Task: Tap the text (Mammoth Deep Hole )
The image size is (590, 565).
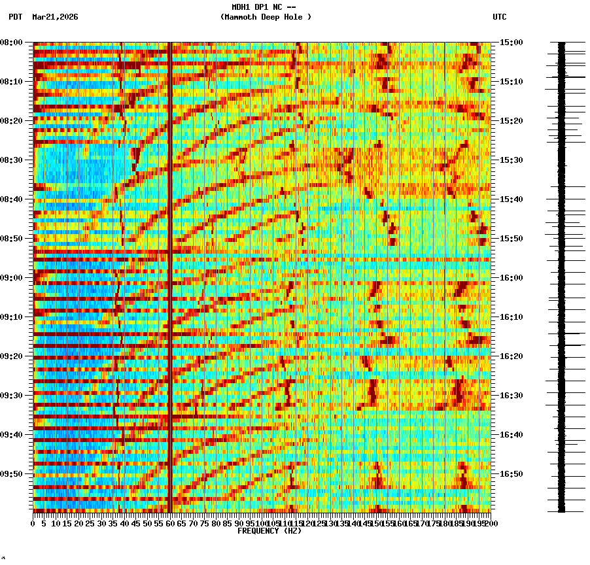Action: coord(266,17)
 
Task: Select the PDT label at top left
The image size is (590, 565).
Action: coord(15,17)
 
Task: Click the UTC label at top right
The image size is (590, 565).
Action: coord(499,17)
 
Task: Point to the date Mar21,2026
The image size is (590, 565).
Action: coord(55,17)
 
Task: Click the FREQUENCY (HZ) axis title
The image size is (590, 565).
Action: coord(269,531)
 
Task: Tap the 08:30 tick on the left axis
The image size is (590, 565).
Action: coord(11,160)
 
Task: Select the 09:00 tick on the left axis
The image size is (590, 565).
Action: coord(11,278)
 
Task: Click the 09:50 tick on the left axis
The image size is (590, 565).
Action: coord(11,474)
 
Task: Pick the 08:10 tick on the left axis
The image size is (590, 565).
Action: coord(11,82)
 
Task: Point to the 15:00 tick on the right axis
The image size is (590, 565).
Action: coord(511,43)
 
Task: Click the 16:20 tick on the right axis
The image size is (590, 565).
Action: coord(511,356)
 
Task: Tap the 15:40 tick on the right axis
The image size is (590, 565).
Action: coord(511,199)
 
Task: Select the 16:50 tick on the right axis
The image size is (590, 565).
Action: coord(511,474)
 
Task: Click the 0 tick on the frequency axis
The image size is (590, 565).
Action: coord(33,523)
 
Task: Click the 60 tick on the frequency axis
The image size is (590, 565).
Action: coord(170,523)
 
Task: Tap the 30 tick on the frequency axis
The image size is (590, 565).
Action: coord(101,523)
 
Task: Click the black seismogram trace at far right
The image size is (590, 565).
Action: coord(561,275)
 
